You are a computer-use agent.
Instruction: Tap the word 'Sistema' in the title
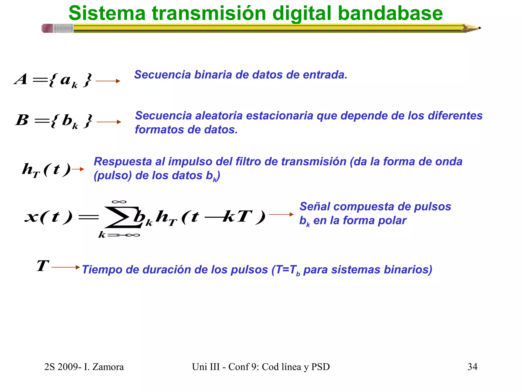click(x=107, y=13)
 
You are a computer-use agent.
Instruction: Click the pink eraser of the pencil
click(x=47, y=28)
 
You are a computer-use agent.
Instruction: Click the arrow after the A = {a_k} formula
click(x=108, y=81)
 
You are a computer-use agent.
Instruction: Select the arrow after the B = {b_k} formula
click(x=109, y=122)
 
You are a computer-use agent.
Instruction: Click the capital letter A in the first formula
click(x=21, y=79)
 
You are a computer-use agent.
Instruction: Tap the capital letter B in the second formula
click(x=22, y=120)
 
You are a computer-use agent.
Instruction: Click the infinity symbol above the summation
click(x=119, y=202)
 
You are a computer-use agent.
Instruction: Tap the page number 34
click(x=472, y=367)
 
